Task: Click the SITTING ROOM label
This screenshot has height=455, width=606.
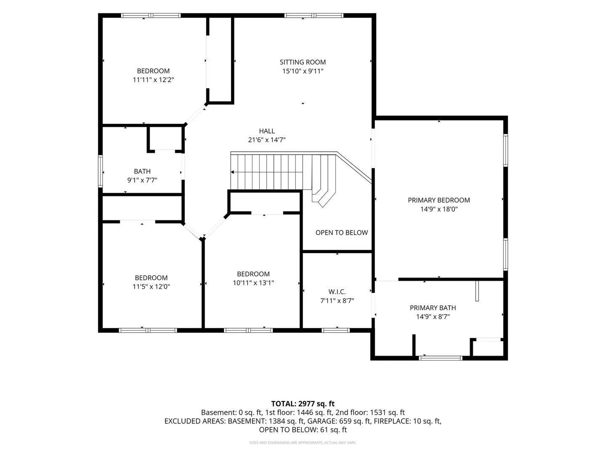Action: click(x=303, y=62)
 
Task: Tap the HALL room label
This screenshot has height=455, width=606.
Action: click(x=267, y=131)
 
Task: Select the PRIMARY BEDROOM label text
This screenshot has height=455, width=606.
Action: click(x=439, y=200)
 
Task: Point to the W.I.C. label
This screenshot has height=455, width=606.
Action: click(x=337, y=292)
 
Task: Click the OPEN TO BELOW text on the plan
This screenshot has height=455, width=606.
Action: click(x=342, y=233)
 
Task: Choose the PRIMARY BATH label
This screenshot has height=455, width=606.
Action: click(x=433, y=308)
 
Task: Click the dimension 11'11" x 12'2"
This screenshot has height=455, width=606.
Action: click(x=153, y=80)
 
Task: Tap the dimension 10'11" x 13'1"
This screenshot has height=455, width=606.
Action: click(x=253, y=283)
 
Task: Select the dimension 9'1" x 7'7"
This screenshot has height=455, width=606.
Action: click(x=142, y=180)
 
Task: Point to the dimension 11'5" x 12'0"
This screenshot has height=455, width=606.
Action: click(x=151, y=286)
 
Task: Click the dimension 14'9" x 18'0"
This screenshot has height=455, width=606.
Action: click(x=439, y=209)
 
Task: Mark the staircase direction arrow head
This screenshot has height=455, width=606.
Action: click(x=232, y=172)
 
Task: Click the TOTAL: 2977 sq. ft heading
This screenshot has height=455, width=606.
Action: click(x=303, y=404)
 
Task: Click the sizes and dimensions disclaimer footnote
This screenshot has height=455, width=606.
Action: click(x=303, y=442)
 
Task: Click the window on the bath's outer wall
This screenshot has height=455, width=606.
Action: click(x=101, y=171)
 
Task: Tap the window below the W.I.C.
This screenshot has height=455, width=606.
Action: click(x=335, y=330)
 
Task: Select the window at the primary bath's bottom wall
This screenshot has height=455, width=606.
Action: click(x=440, y=358)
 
